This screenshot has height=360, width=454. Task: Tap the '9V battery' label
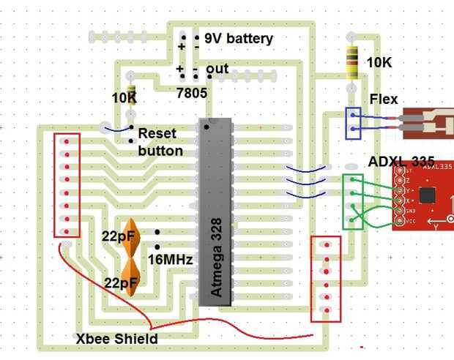238,39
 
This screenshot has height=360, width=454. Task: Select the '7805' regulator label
192,93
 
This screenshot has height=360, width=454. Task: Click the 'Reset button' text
160,143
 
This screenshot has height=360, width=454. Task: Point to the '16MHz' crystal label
170,260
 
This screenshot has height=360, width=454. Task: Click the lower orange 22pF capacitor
132,277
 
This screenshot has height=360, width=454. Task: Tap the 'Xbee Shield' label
117,339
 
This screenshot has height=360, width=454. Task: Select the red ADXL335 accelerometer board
423,196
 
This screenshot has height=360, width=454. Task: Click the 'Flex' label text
384,98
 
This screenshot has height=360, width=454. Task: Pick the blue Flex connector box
353,123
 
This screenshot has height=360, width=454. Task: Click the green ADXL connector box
353,201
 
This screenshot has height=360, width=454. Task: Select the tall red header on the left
67,186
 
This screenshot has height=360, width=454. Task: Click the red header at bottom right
326,278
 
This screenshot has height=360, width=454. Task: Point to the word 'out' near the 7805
217,69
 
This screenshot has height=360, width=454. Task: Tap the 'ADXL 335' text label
401,161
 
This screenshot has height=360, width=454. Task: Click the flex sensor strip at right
425,124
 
